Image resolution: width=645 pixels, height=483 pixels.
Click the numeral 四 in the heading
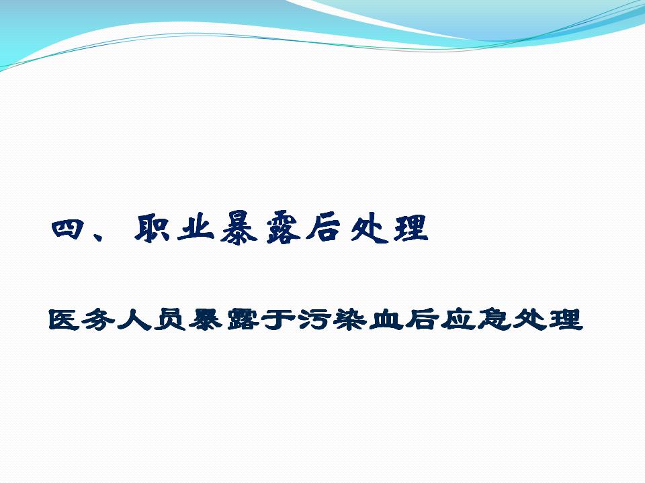pyautogui.click(x=68, y=229)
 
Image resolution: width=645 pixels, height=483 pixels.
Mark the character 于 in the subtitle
pyautogui.click(x=279, y=319)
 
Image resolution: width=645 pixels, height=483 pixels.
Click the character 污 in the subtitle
pyautogui.click(x=316, y=319)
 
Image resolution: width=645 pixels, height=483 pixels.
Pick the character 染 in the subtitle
pyautogui.click(x=351, y=319)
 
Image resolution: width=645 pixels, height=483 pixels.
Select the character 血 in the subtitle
pyautogui.click(x=386, y=320)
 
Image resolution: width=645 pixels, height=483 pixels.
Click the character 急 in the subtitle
pyautogui.click(x=494, y=319)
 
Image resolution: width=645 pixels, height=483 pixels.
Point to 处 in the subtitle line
pyautogui.click(x=530, y=319)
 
